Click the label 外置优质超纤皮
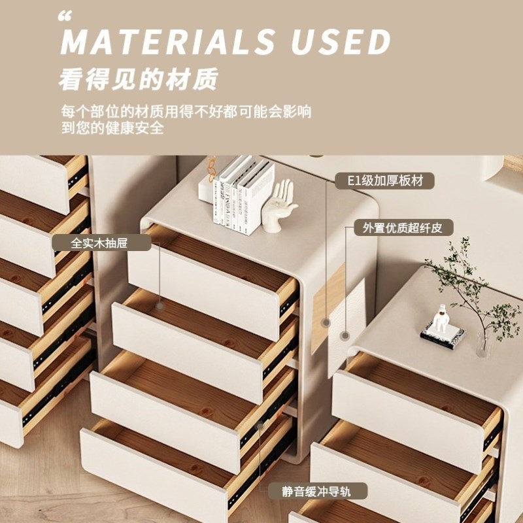coord(403,228)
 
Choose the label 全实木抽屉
coord(101,243)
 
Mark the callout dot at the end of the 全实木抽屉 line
coord(160,305)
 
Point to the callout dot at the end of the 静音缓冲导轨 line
coord(261,425)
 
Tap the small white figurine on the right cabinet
coord(443,321)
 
